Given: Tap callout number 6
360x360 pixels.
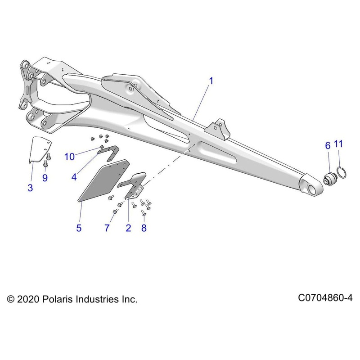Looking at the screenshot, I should tap(328, 145).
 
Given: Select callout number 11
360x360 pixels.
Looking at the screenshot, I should tap(338, 144).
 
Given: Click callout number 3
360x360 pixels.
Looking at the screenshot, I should tap(30, 189).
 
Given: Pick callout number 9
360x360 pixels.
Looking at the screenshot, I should tap(45, 178).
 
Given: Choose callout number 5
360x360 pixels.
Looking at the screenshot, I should tap(79, 228).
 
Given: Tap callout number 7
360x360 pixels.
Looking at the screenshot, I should tap(107, 228).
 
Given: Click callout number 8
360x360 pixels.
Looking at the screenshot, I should tap(144, 228).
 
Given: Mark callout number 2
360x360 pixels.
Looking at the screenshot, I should tap(128, 228).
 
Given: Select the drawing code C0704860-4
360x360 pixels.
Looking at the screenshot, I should tap(325, 298).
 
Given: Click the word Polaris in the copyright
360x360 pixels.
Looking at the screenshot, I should tap(57, 299).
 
